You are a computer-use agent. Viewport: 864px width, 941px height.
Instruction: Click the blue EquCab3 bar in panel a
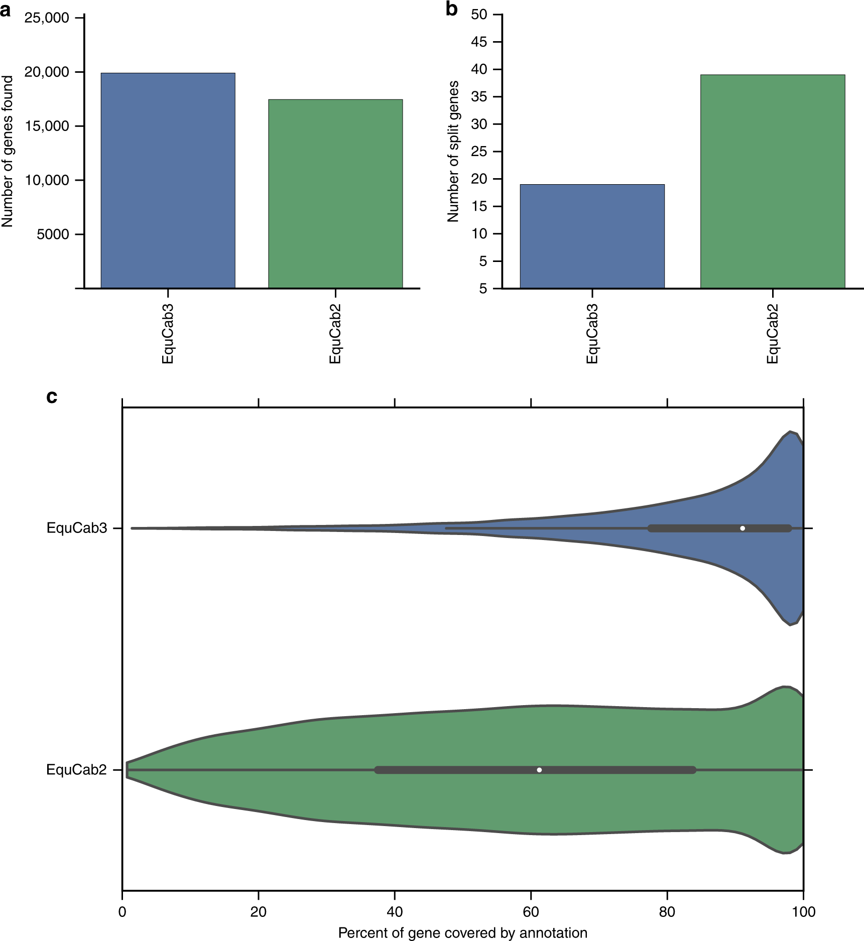click(x=168, y=181)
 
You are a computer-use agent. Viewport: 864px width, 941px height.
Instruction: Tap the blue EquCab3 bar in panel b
click(x=592, y=236)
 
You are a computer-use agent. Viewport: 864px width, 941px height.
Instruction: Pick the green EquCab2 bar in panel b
click(x=773, y=181)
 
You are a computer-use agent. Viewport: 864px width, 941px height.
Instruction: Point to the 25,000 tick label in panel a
click(x=47, y=18)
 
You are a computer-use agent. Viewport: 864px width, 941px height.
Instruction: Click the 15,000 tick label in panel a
click(x=47, y=126)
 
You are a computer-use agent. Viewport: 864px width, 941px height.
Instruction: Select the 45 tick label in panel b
click(x=479, y=42)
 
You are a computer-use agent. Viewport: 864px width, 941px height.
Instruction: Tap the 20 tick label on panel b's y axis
click(x=479, y=179)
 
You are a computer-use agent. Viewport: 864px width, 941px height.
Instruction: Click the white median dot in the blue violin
click(x=743, y=528)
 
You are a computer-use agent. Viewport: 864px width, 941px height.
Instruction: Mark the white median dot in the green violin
click(x=539, y=770)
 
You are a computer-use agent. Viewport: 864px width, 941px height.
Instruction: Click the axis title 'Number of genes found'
click(x=8, y=152)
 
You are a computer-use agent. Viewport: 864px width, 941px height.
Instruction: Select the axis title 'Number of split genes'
click(x=453, y=152)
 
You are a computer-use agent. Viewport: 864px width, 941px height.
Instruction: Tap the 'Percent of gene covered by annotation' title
click(x=462, y=932)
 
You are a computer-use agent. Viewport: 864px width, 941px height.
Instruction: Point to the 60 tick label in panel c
click(x=531, y=911)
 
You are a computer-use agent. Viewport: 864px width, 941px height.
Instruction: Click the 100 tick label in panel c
click(x=803, y=911)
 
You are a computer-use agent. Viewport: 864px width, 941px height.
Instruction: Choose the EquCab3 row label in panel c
click(x=77, y=528)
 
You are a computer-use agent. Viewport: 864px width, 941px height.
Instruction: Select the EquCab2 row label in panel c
click(x=77, y=770)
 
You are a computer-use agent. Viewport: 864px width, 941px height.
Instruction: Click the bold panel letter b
click(x=451, y=9)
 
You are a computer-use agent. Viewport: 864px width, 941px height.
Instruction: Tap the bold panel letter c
click(x=52, y=396)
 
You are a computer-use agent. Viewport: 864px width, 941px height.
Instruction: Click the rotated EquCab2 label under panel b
click(x=772, y=333)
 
